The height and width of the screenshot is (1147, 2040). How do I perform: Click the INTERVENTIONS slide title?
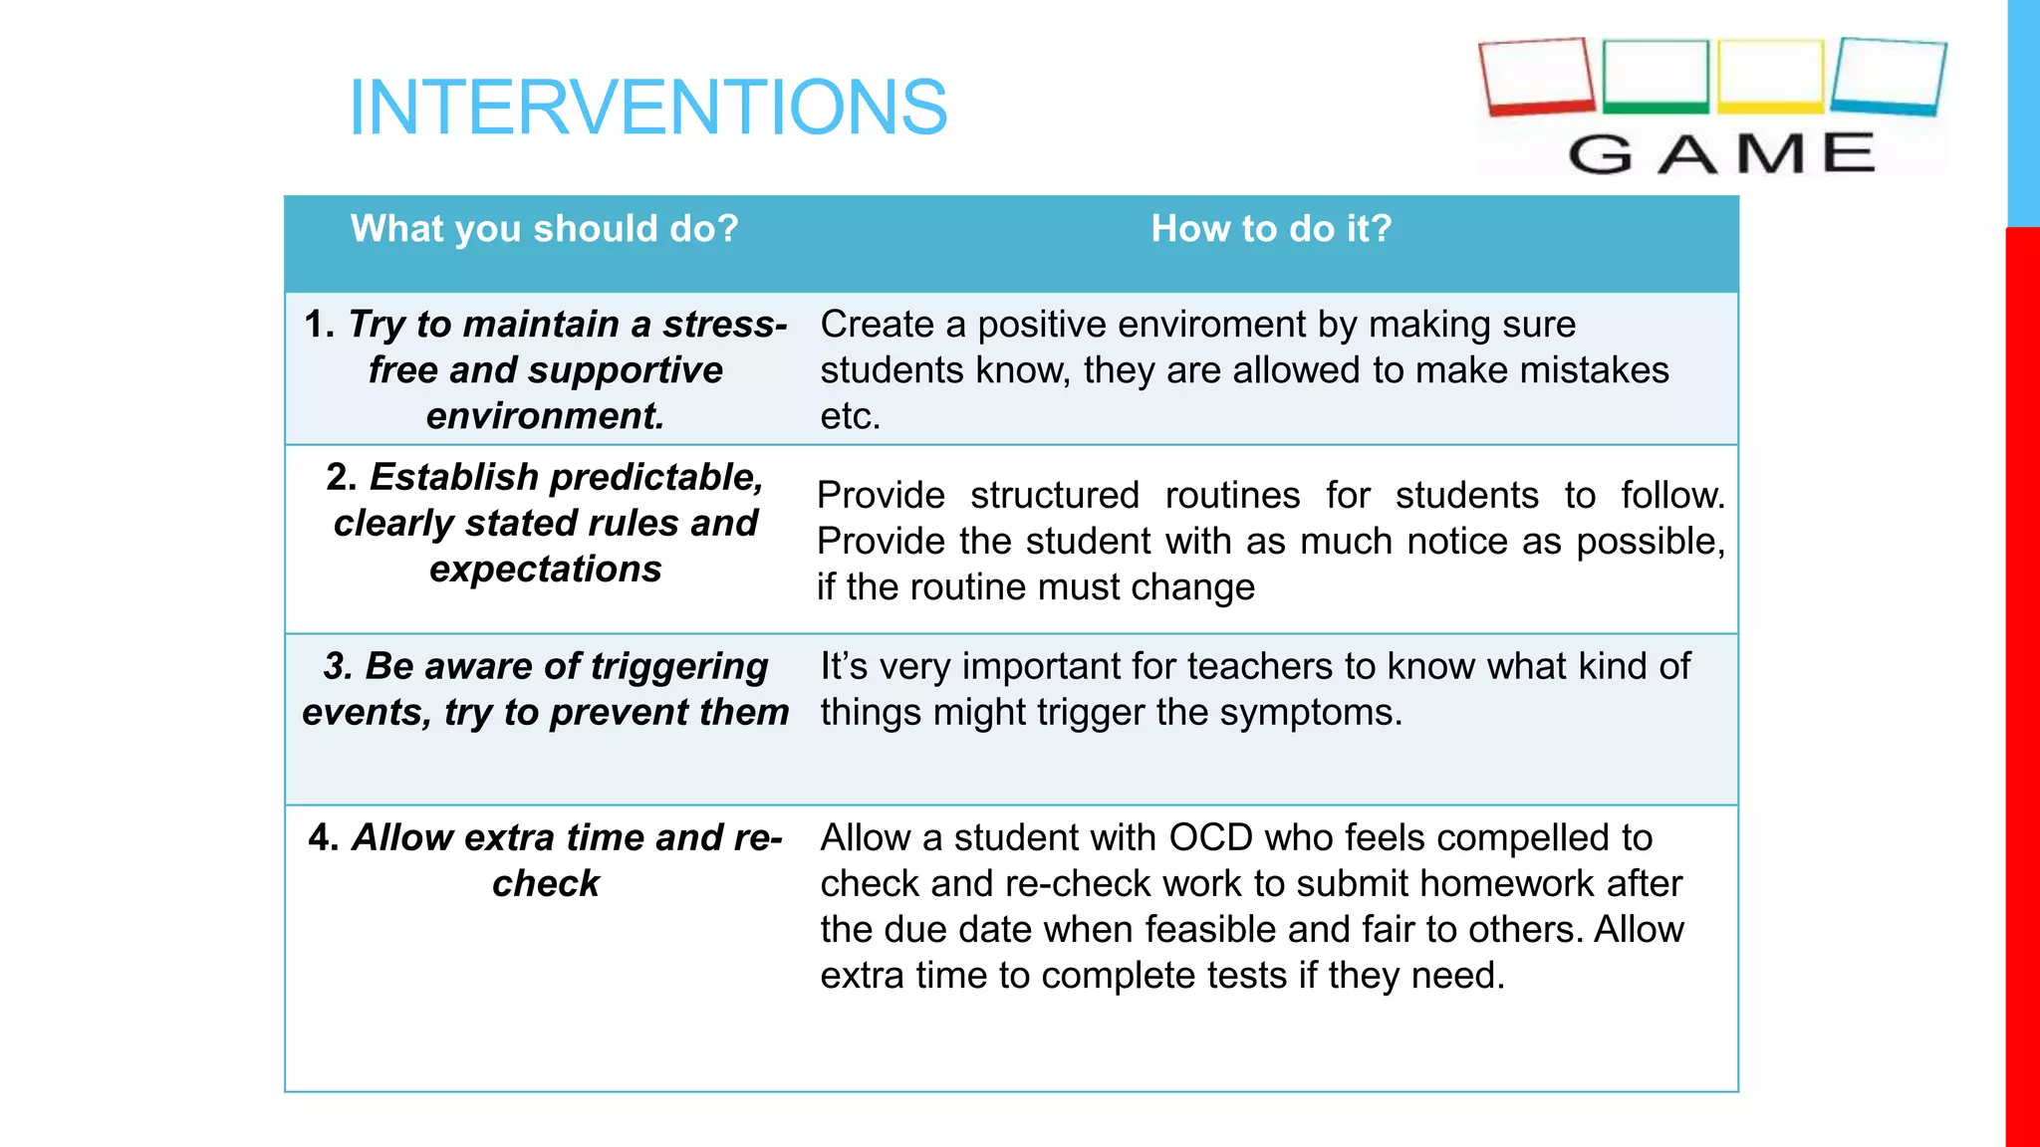(x=647, y=108)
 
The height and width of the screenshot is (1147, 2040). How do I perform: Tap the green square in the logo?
(x=1656, y=76)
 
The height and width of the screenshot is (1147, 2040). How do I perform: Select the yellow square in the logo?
(x=1770, y=76)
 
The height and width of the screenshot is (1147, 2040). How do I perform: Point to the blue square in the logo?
(x=1888, y=76)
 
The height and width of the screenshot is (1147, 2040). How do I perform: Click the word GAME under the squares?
(x=1721, y=154)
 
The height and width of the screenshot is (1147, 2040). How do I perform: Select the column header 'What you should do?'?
(x=544, y=229)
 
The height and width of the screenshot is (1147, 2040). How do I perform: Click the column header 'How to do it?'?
(x=1271, y=229)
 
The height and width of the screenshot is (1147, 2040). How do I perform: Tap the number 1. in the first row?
(x=319, y=325)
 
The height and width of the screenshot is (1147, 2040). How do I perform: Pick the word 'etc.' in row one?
(x=850, y=416)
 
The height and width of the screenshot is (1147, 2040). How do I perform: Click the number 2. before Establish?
(x=342, y=477)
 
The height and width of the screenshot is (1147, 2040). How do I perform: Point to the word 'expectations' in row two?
(x=545, y=570)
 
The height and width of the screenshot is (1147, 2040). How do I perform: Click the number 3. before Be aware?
(x=338, y=666)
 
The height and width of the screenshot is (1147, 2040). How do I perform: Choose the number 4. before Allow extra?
(x=324, y=837)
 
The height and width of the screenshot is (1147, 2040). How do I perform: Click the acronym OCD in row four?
(x=1209, y=838)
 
